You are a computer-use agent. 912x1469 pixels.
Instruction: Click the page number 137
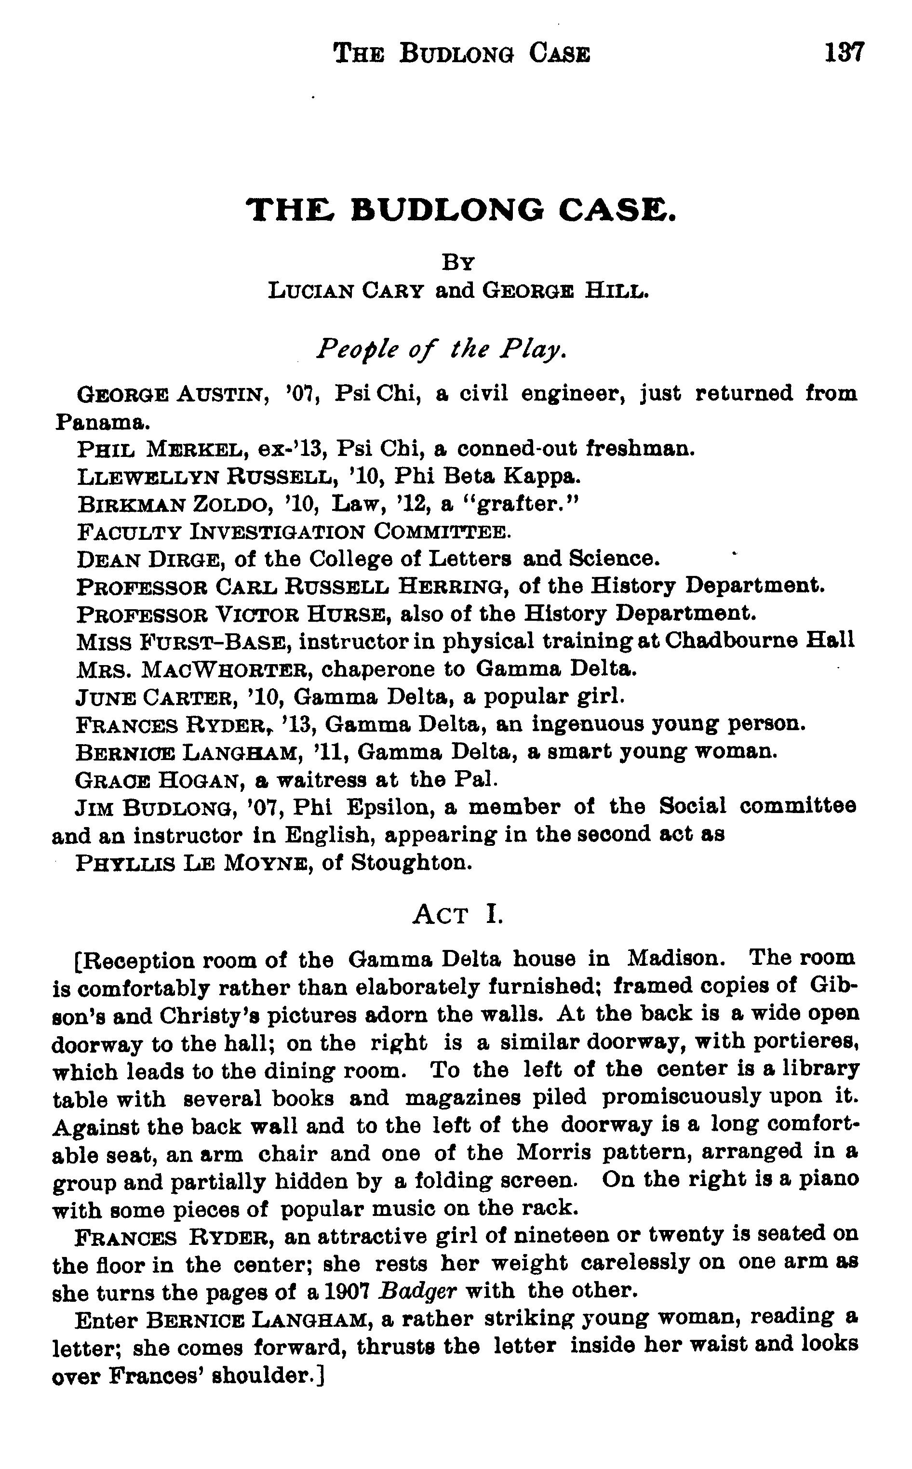click(x=845, y=53)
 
